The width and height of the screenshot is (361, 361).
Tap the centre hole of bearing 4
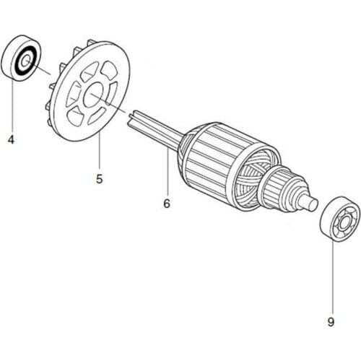(27, 61)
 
